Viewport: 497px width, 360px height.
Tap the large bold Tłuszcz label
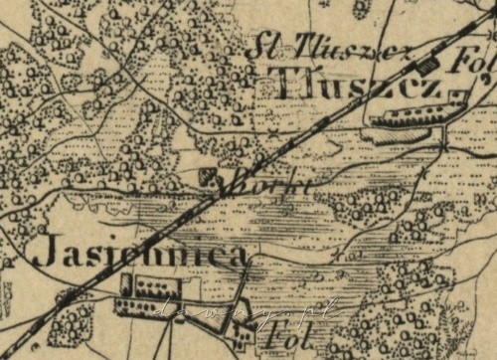[x=352, y=88]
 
